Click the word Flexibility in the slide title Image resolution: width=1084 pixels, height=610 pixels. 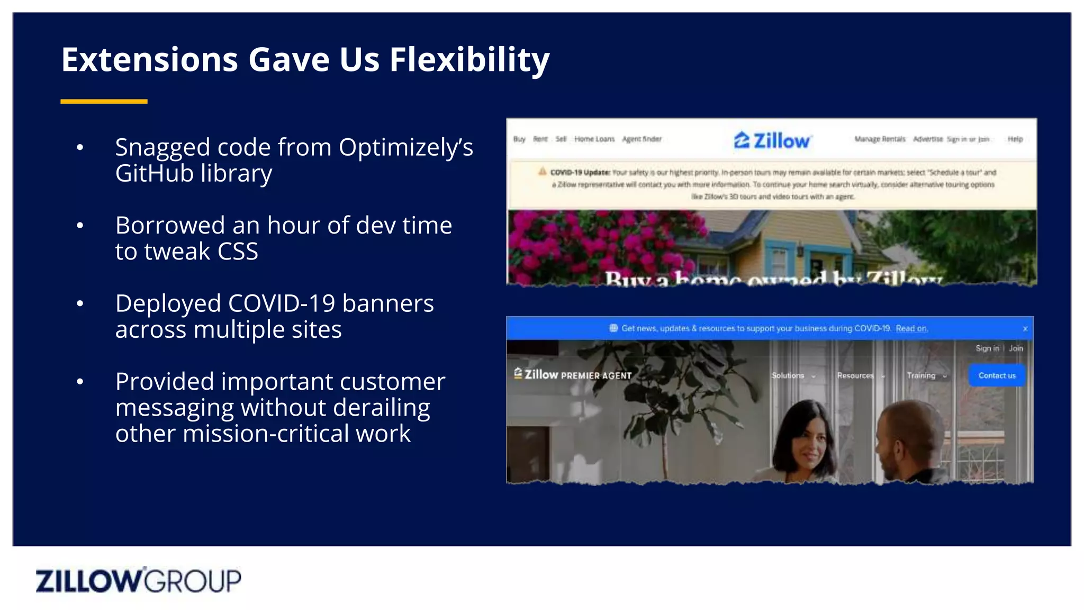pos(469,59)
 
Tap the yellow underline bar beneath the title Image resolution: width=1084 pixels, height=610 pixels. pos(104,101)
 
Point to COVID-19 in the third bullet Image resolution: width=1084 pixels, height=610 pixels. pos(281,303)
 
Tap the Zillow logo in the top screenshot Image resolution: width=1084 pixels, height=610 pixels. pos(772,140)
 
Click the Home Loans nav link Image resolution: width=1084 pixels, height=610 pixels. pos(594,139)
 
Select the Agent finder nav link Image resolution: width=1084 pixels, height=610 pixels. pos(642,139)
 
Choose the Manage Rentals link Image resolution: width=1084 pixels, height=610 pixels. pos(880,139)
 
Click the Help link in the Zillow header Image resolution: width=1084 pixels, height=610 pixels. pos(1015,139)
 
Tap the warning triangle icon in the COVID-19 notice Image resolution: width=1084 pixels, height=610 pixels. pos(542,172)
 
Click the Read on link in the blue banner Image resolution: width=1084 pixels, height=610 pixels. pos(911,328)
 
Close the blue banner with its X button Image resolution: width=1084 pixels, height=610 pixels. pos(1025,329)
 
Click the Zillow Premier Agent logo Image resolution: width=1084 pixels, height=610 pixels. pos(573,375)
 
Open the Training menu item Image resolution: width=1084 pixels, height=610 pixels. pos(922,375)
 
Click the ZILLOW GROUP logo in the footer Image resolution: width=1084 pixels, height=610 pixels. pos(138,580)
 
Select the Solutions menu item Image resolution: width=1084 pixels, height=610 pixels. pos(788,375)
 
